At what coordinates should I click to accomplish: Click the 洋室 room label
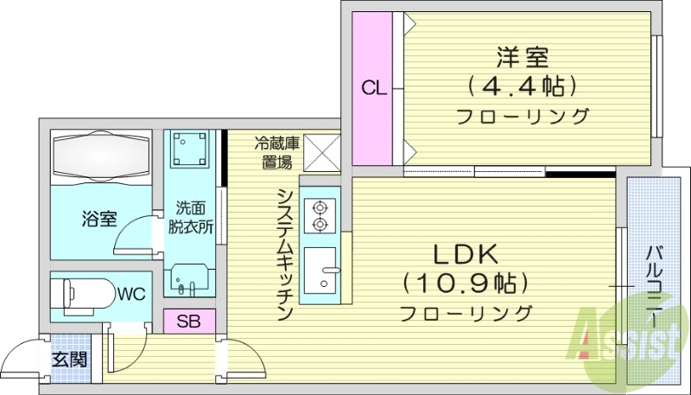[523, 58]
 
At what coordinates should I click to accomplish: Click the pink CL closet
[372, 88]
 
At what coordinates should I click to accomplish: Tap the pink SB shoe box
[189, 322]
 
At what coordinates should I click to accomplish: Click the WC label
[131, 294]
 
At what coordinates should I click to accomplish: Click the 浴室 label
[100, 219]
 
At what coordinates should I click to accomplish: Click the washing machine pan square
[191, 150]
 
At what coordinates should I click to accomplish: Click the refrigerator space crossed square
[320, 153]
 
